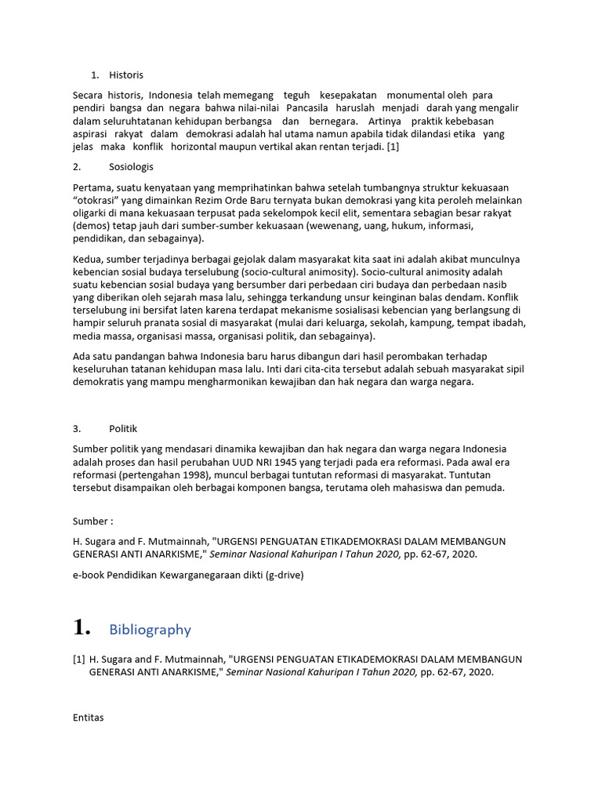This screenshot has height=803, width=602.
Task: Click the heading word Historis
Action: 126,75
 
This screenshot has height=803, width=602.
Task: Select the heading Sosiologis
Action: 131,167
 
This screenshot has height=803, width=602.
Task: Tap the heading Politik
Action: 122,428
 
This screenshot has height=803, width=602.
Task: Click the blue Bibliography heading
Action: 150,630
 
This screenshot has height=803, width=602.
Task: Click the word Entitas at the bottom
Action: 88,718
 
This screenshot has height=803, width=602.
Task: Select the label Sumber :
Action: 92,521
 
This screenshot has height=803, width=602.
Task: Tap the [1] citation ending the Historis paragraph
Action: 391,147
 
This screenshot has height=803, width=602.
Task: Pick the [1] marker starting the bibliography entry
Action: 78,659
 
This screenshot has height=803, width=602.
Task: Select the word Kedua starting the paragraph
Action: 86,259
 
